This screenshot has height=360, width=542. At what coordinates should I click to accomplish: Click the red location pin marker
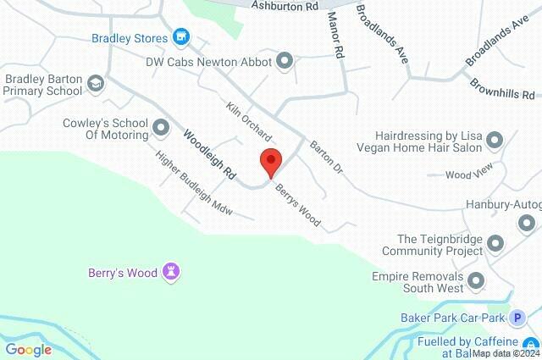(x=270, y=161)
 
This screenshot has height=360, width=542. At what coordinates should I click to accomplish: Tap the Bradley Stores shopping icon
(x=180, y=37)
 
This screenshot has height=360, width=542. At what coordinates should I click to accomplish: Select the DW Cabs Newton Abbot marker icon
(x=285, y=61)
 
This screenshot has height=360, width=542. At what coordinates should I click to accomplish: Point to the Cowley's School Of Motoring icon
(x=160, y=130)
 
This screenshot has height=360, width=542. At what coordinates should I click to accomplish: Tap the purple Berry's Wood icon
(x=174, y=272)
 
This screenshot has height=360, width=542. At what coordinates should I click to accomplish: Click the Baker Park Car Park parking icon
(x=517, y=318)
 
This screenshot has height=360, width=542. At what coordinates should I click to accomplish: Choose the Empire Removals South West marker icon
(x=476, y=280)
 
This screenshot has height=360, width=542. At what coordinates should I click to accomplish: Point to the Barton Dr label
(x=325, y=158)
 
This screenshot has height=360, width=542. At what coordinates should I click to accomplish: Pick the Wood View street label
(x=468, y=174)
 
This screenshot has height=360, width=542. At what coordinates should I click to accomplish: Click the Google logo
(x=28, y=349)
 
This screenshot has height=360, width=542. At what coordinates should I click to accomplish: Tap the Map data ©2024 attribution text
(x=506, y=354)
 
